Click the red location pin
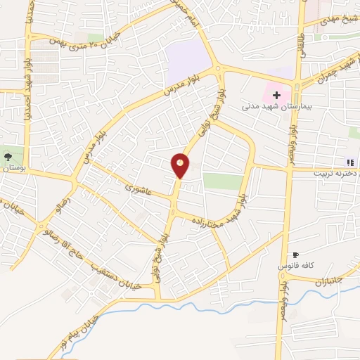(181, 165)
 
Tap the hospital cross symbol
(276, 95)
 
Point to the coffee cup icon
(295, 255)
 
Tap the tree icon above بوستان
(7, 157)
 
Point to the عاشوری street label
(138, 188)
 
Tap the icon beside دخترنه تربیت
(350, 162)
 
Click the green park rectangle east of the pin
(222, 181)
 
